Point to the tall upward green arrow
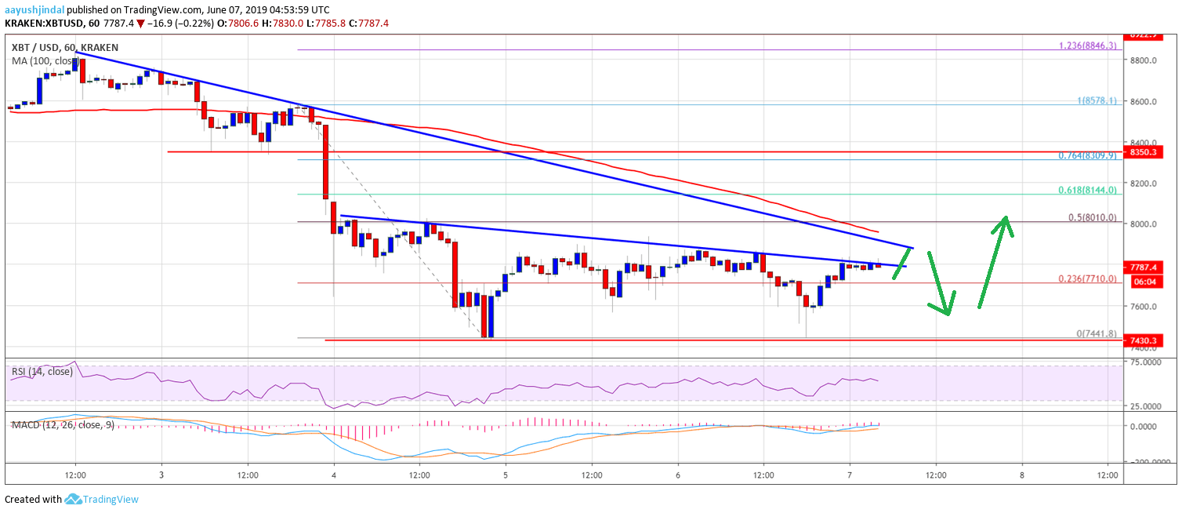[x=992, y=263]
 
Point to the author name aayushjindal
[x=34, y=9]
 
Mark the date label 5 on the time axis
[x=506, y=475]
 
